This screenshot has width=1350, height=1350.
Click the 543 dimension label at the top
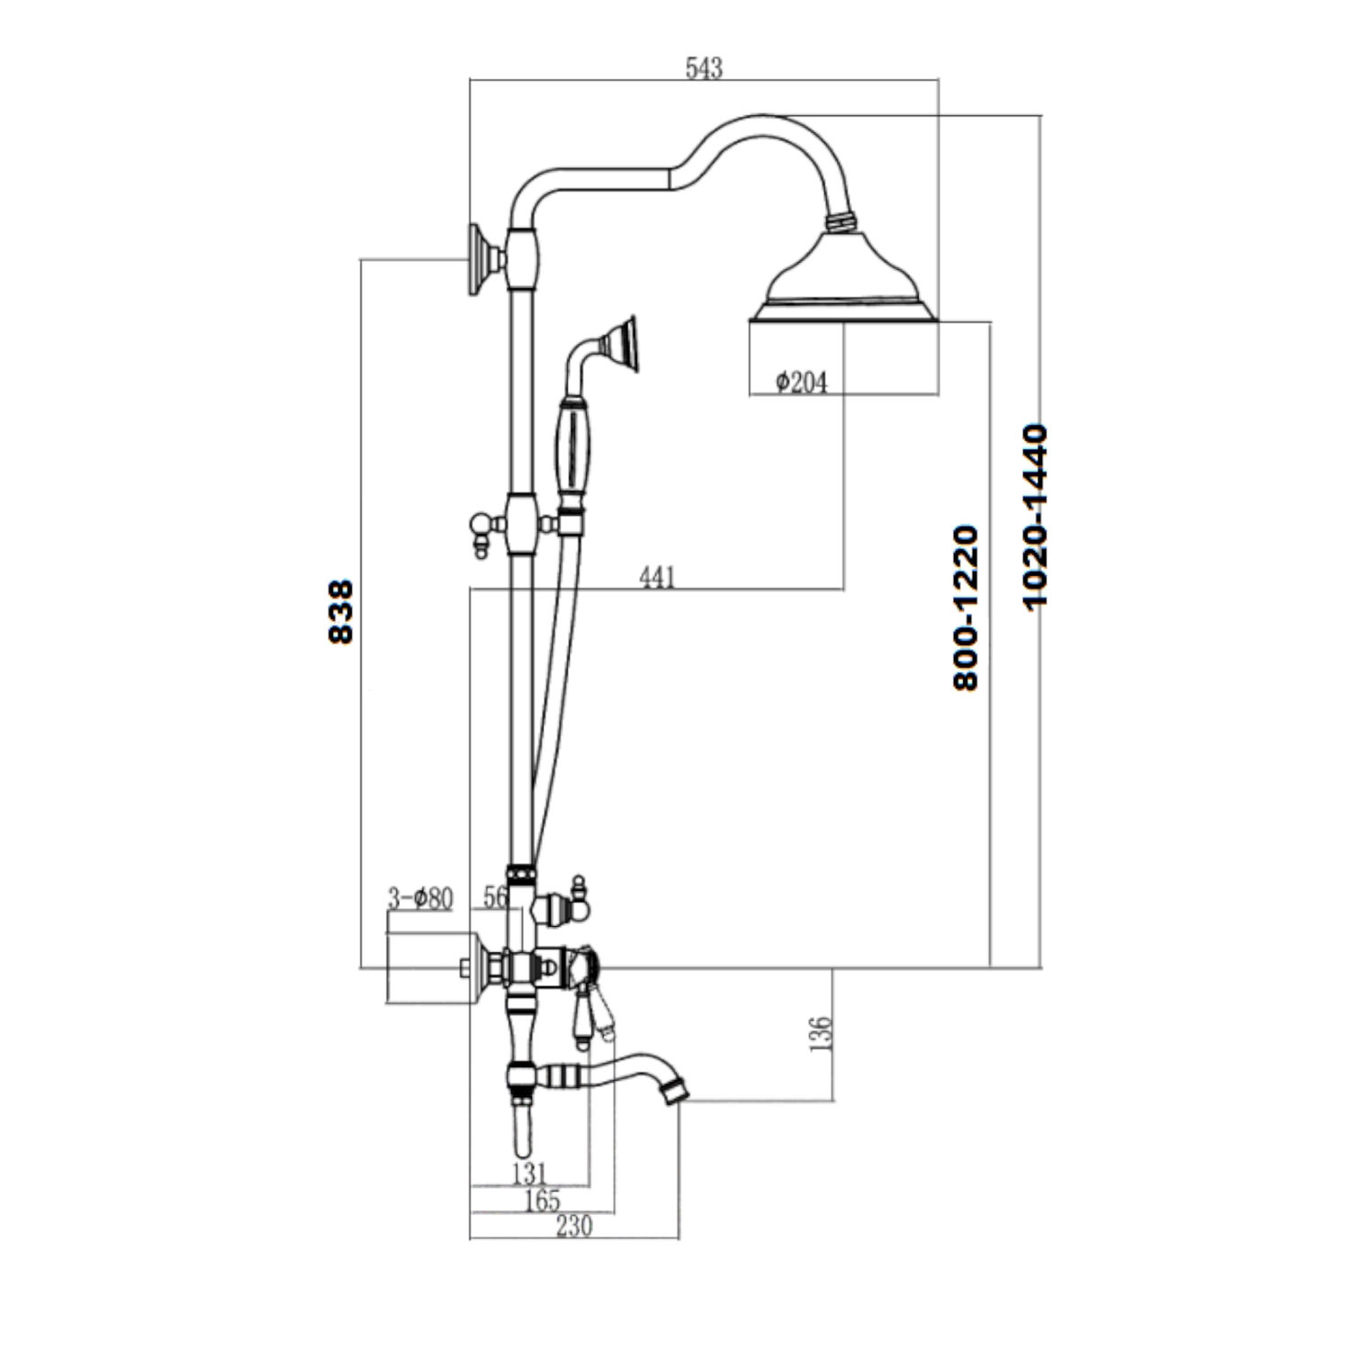(x=704, y=68)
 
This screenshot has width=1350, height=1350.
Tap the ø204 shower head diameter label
(x=800, y=382)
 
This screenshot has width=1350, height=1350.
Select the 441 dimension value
(x=657, y=577)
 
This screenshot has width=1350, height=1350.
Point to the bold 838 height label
(x=341, y=612)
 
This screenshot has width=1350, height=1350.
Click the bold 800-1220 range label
(x=965, y=608)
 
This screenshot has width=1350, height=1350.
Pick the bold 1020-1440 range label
(x=1036, y=517)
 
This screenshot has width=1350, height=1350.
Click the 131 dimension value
(x=529, y=1173)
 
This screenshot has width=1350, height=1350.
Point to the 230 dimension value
(x=573, y=1226)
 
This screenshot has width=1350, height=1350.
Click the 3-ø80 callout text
(x=420, y=898)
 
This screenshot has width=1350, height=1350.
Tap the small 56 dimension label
(x=495, y=897)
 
